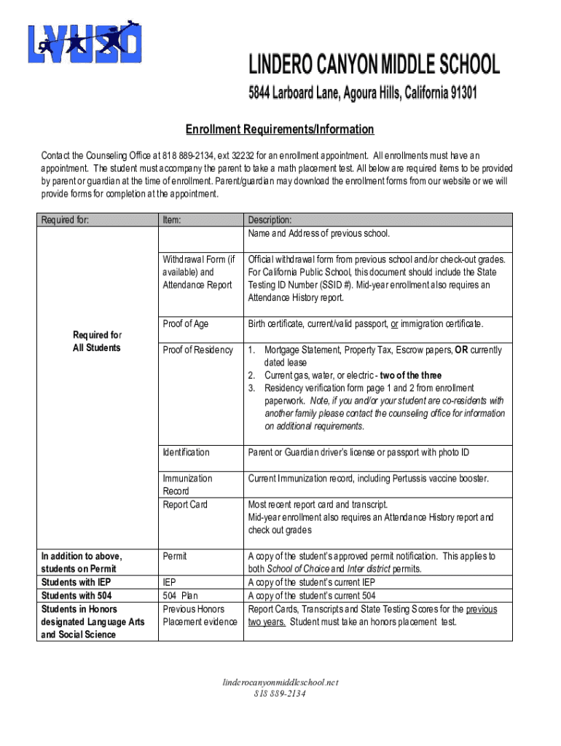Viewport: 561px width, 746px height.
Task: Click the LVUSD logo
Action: pyautogui.click(x=85, y=43)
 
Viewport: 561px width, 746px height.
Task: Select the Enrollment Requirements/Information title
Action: pyautogui.click(x=280, y=130)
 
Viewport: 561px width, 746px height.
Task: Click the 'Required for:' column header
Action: pyautogui.click(x=65, y=219)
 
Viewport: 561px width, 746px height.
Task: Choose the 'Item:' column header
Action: pyautogui.click(x=172, y=219)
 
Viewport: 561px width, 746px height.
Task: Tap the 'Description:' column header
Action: pyautogui.click(x=270, y=219)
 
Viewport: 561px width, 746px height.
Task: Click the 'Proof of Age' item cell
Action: pyautogui.click(x=186, y=324)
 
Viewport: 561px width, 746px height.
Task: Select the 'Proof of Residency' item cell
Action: pyautogui.click(x=197, y=350)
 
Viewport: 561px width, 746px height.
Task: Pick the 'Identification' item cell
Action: pyautogui.click(x=186, y=453)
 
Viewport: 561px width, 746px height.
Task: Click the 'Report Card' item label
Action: pyautogui.click(x=185, y=504)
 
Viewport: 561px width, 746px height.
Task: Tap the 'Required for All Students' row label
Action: pyautogui.click(x=97, y=342)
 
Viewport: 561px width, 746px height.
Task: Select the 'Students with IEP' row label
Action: pyautogui.click(x=75, y=583)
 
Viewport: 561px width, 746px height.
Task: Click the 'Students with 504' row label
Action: pyautogui.click(x=75, y=596)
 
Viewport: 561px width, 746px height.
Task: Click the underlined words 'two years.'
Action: pyautogui.click(x=267, y=622)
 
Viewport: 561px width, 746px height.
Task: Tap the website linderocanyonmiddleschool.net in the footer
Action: pyautogui.click(x=280, y=683)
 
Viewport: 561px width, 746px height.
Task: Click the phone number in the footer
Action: pyautogui.click(x=280, y=694)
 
